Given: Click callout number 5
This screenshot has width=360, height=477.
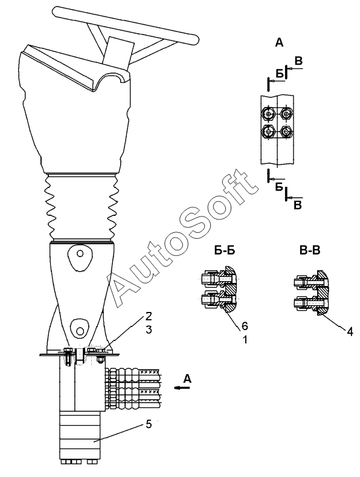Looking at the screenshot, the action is (x=149, y=424).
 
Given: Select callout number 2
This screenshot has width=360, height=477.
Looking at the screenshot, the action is (x=148, y=316).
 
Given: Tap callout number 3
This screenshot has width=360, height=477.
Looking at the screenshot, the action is (x=149, y=329).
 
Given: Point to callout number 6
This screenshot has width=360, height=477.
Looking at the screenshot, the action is (x=245, y=326).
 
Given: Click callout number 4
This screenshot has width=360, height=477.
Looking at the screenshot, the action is (x=350, y=331).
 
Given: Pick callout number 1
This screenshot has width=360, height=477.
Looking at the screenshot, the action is (x=245, y=339).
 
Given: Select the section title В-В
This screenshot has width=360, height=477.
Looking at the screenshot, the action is (x=310, y=250).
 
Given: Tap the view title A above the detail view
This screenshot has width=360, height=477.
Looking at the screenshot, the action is (x=279, y=43).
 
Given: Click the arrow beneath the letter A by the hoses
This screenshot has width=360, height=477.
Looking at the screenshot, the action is (x=182, y=388).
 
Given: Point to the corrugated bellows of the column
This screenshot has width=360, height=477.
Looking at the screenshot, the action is (x=81, y=207).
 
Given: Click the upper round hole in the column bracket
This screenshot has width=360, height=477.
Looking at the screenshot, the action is (x=80, y=253).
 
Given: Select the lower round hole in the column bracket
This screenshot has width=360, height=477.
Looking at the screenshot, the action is (x=80, y=330).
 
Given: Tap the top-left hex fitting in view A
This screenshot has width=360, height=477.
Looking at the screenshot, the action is (x=268, y=114).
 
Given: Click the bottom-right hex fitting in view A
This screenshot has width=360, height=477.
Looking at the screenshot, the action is (x=286, y=131).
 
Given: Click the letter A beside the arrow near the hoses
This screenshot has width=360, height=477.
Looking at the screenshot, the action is (x=188, y=378).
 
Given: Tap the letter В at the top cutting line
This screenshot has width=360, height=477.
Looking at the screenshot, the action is (x=299, y=61).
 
